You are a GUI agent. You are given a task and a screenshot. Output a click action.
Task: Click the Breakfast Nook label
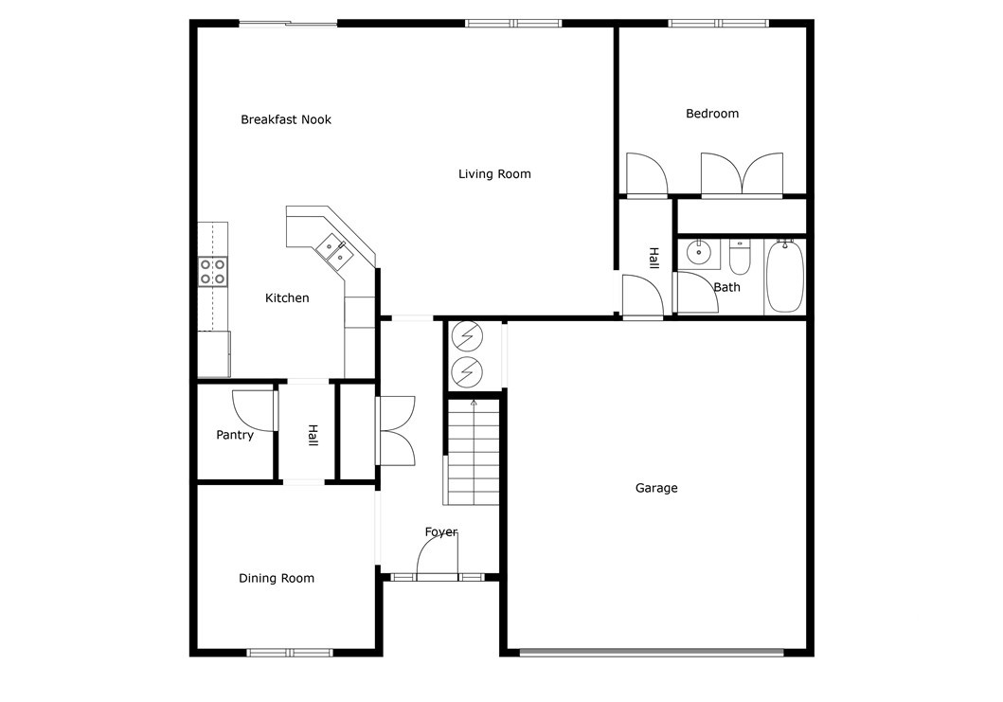(286, 119)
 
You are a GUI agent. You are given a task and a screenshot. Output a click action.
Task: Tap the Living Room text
(494, 174)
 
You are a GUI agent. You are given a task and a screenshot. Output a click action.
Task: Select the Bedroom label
(712, 114)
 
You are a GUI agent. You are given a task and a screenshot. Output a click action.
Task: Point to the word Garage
(656, 489)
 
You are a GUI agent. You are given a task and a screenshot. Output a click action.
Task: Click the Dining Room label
(277, 579)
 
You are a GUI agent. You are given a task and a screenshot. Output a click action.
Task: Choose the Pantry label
(235, 436)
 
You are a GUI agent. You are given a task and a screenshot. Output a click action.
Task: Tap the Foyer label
(441, 532)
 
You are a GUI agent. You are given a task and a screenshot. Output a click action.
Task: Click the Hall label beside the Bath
(654, 258)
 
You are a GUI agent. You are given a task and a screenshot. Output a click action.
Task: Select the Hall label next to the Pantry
(312, 435)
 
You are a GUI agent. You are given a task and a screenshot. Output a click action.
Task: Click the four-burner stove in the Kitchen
(212, 272)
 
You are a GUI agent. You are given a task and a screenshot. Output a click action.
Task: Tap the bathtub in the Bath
(784, 277)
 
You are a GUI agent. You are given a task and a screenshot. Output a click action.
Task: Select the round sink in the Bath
(699, 252)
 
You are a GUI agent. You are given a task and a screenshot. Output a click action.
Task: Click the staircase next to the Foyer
(473, 453)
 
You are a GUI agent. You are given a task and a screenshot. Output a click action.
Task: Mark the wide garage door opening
(652, 652)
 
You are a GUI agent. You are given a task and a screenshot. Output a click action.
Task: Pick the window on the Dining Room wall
(290, 652)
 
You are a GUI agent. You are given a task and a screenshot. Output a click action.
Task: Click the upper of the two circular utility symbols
(466, 336)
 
